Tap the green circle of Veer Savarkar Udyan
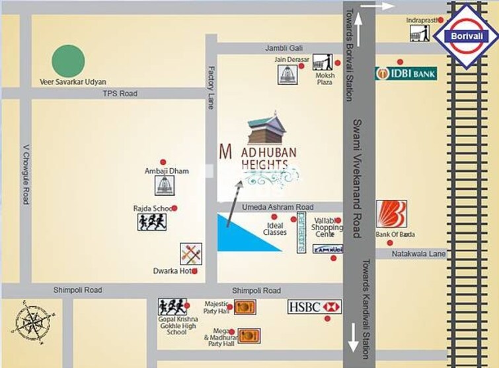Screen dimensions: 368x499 (x=69, y=61)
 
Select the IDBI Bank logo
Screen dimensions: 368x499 (x=406, y=73)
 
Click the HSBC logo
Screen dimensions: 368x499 (x=315, y=307)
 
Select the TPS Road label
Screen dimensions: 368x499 (x=120, y=94)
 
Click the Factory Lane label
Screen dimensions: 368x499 (x=211, y=87)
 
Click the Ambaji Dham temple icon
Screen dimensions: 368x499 (x=165, y=186)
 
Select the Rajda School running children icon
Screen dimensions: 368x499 (x=152, y=222)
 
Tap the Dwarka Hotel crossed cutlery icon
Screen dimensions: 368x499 (x=190, y=254)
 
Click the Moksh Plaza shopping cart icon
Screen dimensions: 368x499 (x=322, y=63)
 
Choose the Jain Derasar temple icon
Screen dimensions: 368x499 (x=286, y=75)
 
